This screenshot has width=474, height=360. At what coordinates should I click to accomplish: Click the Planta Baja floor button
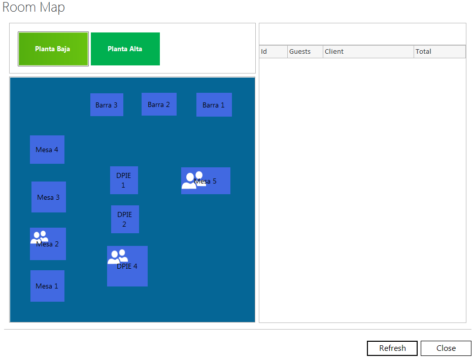pos(53,49)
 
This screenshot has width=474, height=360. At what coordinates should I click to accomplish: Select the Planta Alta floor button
pos(125,49)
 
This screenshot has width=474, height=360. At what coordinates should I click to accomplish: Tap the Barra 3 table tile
pos(107,105)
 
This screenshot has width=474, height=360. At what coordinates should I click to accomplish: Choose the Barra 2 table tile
pos(159,104)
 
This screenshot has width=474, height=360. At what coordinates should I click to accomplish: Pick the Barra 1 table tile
pos(214,105)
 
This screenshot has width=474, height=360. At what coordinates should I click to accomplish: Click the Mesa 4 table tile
pos(47,150)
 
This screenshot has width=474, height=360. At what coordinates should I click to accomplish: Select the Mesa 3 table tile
pos(49,197)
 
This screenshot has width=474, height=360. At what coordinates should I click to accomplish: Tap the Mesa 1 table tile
pos(48,285)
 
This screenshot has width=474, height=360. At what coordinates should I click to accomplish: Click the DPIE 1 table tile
pos(124,181)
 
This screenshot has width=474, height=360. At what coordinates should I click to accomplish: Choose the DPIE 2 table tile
pos(125,219)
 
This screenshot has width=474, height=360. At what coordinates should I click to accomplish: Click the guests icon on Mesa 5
pos(193,181)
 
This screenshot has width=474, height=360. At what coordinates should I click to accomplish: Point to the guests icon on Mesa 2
pos(39,237)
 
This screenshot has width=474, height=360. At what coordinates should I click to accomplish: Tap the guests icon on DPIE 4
pos(118,257)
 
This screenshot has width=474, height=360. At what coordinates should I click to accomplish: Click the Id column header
pos(273,52)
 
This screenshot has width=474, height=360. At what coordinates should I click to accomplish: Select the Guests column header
pos(305,52)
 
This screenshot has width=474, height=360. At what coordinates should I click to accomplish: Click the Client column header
pos(368,52)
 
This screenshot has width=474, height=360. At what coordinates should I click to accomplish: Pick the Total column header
pos(439,52)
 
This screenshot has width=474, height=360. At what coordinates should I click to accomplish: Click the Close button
pos(446,348)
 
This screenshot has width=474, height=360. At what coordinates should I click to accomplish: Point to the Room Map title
pos(33,7)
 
